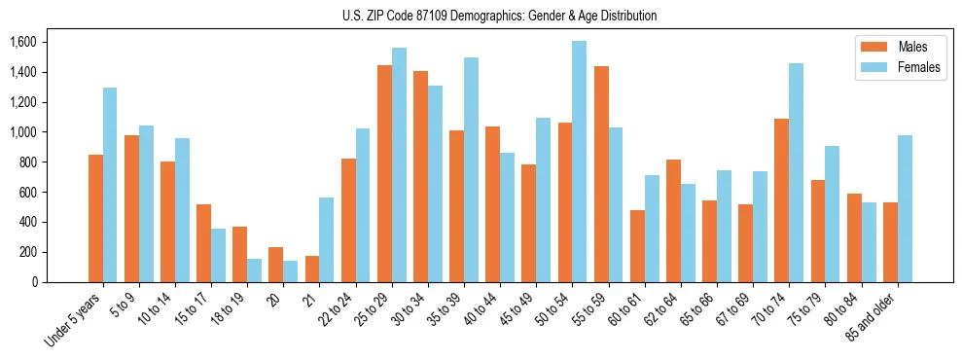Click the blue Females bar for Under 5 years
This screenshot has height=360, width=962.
click(110, 185)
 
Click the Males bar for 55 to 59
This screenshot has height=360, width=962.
click(601, 174)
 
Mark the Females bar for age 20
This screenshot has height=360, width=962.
click(290, 271)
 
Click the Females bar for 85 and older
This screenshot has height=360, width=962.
click(905, 208)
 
